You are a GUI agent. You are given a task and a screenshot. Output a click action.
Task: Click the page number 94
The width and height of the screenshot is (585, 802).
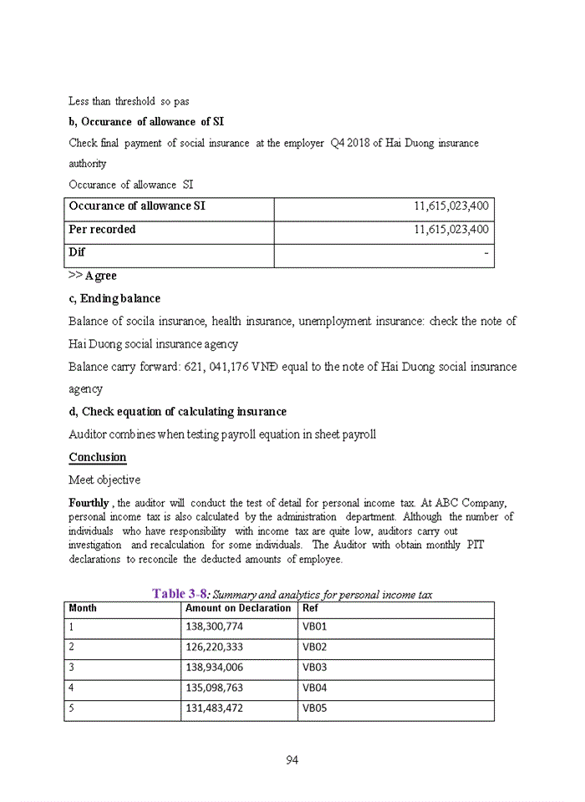click(292, 759)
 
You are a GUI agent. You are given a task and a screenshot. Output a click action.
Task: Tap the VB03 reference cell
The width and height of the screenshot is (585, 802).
click(314, 667)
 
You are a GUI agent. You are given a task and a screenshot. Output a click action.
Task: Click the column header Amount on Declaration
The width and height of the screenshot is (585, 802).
click(238, 608)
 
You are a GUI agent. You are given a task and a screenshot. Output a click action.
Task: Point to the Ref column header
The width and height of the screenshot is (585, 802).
click(310, 608)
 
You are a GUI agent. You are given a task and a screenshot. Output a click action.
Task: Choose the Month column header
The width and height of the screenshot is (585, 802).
click(83, 608)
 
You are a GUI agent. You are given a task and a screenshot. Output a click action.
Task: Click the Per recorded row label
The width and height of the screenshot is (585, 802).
click(102, 230)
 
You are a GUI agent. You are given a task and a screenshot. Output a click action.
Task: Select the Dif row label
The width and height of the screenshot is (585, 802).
click(77, 252)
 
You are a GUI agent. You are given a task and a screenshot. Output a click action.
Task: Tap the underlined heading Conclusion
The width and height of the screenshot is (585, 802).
click(98, 458)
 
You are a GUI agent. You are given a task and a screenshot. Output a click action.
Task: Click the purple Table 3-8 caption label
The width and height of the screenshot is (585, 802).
click(180, 594)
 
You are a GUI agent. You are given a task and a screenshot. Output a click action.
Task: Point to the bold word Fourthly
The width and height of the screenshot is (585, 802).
click(89, 503)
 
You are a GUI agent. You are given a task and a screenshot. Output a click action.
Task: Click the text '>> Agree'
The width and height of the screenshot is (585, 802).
click(93, 276)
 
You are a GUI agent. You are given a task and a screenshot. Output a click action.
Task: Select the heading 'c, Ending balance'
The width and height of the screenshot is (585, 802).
click(114, 298)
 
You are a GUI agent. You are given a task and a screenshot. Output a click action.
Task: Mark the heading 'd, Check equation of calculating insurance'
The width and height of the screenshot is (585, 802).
click(177, 412)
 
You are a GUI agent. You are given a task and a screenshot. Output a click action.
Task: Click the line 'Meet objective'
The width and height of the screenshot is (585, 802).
click(104, 480)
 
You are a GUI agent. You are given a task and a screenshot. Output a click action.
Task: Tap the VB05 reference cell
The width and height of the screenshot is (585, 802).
click(314, 709)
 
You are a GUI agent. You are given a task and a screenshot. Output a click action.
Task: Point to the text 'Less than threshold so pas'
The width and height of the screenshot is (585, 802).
click(129, 101)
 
